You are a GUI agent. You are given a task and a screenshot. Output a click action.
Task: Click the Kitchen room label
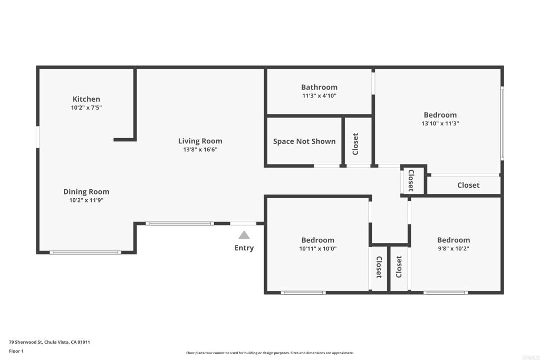click(x=86, y=99)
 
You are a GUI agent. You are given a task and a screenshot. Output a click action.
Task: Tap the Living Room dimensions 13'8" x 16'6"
click(x=200, y=149)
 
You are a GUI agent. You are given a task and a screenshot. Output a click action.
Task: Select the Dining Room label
click(x=86, y=192)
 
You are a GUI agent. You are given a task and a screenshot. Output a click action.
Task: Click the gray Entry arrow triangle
click(x=244, y=235)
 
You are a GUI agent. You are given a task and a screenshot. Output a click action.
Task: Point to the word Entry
click(x=244, y=248)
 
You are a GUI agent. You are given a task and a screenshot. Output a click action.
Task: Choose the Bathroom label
click(x=319, y=87)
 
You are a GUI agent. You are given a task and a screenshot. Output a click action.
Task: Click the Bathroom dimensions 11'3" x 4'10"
click(x=319, y=96)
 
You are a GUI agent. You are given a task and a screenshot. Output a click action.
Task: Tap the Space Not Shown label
click(x=304, y=141)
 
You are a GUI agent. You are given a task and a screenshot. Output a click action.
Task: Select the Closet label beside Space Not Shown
click(x=355, y=144)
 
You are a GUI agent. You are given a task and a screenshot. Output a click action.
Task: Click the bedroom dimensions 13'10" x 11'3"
click(x=440, y=123)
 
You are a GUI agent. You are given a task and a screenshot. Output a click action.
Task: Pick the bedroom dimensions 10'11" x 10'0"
click(x=318, y=248)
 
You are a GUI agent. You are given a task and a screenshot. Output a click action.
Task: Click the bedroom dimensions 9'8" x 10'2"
click(x=454, y=248)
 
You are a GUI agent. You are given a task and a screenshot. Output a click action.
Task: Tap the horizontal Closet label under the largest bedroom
click(x=468, y=185)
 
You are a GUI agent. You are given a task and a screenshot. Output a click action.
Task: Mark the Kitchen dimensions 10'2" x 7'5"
click(x=86, y=108)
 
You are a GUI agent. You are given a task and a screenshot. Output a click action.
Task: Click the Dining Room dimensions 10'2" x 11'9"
click(x=86, y=200)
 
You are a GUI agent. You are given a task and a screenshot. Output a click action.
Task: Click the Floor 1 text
click(x=16, y=351)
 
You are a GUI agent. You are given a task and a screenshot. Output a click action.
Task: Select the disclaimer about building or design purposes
click(x=270, y=353)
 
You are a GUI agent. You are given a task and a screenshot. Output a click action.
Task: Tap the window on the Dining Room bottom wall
click(x=85, y=252)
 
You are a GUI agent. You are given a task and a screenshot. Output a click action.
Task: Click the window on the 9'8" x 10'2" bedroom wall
click(x=446, y=293)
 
